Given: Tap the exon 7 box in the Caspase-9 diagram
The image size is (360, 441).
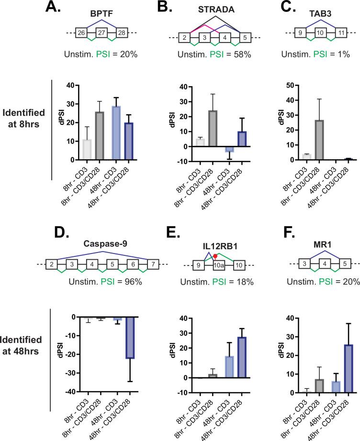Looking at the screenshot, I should tap(152, 265).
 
